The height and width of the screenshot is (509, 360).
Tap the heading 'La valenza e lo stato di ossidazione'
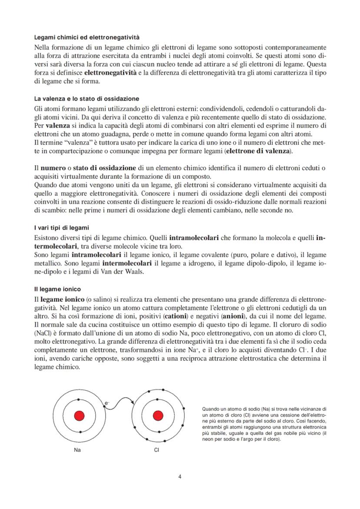(87, 99)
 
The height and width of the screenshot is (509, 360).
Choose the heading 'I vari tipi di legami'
(60, 228)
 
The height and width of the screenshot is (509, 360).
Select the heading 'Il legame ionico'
(57, 289)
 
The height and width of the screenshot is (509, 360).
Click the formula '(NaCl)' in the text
(44, 333)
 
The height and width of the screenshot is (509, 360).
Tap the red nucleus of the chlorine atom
(157, 416)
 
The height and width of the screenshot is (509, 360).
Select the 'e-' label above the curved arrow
(107, 403)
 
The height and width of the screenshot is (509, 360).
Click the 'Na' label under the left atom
(78, 450)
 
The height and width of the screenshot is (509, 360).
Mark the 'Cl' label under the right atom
(157, 450)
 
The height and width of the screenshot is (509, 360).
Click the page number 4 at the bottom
(180, 476)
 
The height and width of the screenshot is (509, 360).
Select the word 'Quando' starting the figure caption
(210, 409)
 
